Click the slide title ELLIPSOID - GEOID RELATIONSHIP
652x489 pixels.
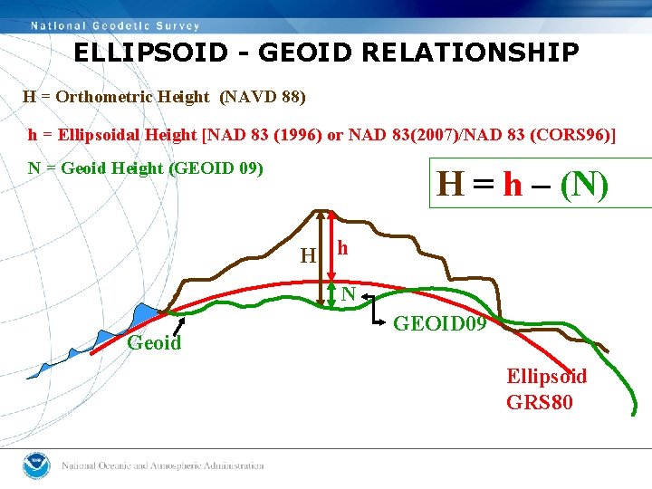click(326, 53)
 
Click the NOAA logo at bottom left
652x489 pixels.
click(35, 465)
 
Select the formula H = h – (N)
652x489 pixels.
click(523, 185)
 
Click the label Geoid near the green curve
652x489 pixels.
click(154, 343)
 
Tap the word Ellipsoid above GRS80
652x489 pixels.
click(546, 377)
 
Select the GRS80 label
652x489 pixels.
click(540, 401)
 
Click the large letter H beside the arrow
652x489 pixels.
click(308, 256)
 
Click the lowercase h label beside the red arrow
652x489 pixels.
click(342, 248)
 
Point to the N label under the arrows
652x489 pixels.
click(348, 293)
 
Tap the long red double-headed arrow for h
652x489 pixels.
click(332, 246)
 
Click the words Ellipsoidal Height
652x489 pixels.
click(127, 135)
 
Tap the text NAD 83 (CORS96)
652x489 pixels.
click(554, 135)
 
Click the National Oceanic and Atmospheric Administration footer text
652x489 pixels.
click(162, 465)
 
